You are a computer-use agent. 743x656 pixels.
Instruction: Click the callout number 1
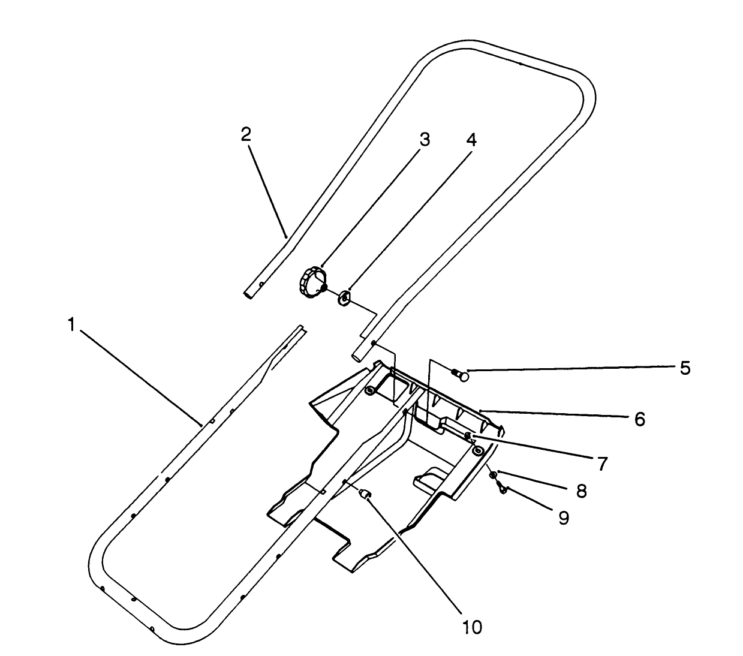[71, 326]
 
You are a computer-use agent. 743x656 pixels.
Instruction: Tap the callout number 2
[246, 134]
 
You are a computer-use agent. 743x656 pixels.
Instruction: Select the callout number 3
[424, 140]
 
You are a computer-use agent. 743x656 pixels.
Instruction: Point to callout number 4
[471, 140]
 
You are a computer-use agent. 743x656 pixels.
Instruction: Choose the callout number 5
[685, 368]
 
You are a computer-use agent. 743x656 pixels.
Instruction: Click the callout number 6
[639, 419]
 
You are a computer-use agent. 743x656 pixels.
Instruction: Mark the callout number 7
[602, 463]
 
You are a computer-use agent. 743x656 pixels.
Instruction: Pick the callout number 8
[580, 491]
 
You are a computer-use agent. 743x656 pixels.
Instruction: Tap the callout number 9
[563, 517]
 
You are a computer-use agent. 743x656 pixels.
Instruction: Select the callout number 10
[472, 627]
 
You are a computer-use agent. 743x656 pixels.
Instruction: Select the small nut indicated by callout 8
[492, 475]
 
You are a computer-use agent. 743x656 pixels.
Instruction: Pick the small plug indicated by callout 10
[365, 494]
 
